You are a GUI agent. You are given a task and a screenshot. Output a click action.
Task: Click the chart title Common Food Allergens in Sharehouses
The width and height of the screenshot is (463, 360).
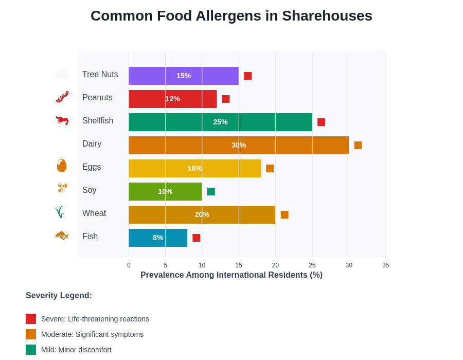(231, 16)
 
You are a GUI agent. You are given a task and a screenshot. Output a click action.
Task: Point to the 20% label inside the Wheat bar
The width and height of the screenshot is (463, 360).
(202, 214)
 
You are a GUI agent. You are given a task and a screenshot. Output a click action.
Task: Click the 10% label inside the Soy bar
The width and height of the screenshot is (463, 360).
(165, 191)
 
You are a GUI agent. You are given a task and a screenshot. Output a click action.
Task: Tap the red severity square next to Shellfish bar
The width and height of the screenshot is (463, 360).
(321, 122)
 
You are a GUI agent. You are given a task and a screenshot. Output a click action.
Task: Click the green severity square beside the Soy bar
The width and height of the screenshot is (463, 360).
(211, 191)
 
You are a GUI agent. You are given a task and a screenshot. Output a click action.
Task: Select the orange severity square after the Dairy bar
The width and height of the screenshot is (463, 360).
(358, 145)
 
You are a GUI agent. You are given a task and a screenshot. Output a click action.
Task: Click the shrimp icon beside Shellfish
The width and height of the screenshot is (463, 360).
(62, 120)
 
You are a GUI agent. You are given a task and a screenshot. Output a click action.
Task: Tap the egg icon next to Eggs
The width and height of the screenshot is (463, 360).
(62, 166)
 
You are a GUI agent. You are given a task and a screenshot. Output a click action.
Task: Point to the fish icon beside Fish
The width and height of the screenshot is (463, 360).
(62, 236)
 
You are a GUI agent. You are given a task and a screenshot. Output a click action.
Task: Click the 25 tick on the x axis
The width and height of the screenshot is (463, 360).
(312, 265)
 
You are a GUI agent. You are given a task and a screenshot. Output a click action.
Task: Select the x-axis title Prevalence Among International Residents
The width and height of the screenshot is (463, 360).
(231, 275)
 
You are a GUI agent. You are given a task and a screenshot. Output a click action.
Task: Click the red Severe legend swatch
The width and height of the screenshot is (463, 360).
(31, 319)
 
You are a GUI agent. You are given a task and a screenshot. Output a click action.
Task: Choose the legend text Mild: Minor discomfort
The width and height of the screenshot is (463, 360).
(76, 350)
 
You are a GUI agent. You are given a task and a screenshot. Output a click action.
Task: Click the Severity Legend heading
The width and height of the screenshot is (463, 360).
(59, 296)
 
